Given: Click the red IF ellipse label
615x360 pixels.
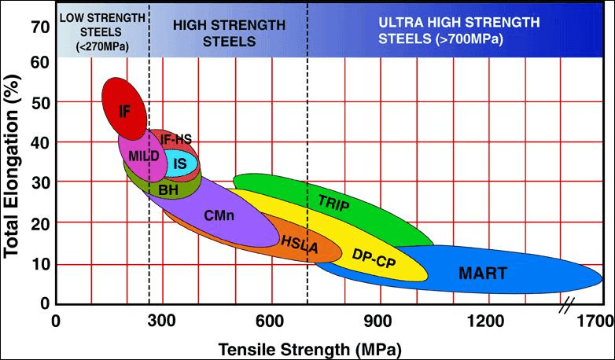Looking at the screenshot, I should pyautogui.click(x=124, y=111).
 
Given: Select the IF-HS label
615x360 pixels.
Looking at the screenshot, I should pyautogui.click(x=175, y=139).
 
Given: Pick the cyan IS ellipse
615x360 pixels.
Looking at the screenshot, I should pyautogui.click(x=180, y=163).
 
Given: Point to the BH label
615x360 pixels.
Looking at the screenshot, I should pyautogui.click(x=168, y=189).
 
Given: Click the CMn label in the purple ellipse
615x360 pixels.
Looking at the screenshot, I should pyautogui.click(x=219, y=214).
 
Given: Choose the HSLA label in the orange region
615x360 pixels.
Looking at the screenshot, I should pyautogui.click(x=299, y=246).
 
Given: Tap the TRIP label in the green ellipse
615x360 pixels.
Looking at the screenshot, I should pyautogui.click(x=333, y=201).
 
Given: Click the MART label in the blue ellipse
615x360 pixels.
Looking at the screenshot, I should pyautogui.click(x=483, y=274).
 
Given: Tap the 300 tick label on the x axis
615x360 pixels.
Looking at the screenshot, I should pyautogui.click(x=162, y=321).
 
